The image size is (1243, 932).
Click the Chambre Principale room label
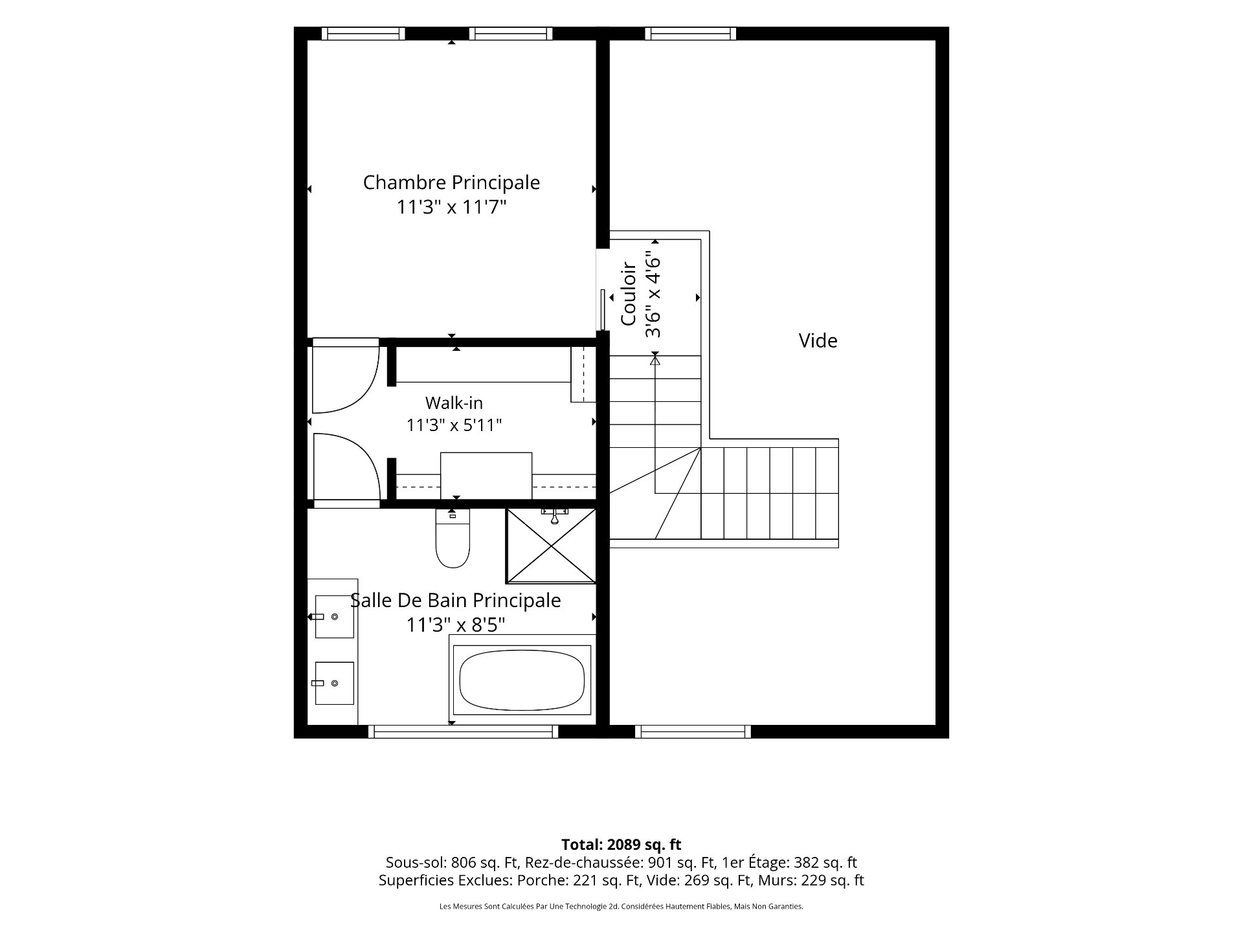451,183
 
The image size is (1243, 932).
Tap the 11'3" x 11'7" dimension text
451,207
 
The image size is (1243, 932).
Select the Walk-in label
454,403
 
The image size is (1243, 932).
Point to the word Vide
818,340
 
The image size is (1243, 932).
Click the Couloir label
629,293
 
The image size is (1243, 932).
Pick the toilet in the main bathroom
453,538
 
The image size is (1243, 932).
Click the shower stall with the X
551,546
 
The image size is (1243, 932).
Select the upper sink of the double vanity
334,617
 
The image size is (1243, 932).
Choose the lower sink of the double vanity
334,683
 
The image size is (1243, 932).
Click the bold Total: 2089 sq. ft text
621,845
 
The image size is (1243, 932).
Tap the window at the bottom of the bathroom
464,731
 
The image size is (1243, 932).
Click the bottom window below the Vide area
693,731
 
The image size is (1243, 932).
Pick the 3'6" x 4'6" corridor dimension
653,297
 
